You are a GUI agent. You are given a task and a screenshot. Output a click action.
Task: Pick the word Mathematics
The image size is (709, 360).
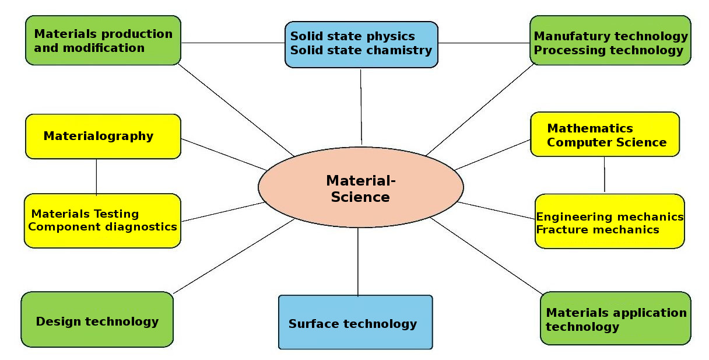pyautogui.click(x=589, y=128)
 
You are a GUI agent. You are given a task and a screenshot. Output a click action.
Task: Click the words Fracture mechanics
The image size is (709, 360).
pyautogui.click(x=597, y=229)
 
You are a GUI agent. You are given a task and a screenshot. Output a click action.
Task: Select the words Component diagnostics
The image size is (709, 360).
pyautogui.click(x=103, y=226)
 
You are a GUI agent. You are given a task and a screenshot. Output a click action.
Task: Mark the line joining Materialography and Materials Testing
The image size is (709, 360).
pyautogui.click(x=96, y=176)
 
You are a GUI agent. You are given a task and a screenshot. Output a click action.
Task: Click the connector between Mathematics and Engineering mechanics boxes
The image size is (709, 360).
pyautogui.click(x=604, y=174)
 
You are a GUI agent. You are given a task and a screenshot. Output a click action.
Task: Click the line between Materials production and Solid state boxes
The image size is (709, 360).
pyautogui.click(x=233, y=43)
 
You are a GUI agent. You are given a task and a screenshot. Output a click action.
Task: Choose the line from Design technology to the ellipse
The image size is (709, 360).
pyautogui.click(x=233, y=256)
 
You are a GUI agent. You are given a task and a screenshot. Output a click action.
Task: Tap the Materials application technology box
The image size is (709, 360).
pyautogui.click(x=615, y=319)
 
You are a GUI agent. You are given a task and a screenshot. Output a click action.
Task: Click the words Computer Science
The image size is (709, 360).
pyautogui.click(x=606, y=142)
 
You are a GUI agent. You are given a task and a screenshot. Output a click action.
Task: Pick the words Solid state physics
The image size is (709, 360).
pyautogui.click(x=352, y=36)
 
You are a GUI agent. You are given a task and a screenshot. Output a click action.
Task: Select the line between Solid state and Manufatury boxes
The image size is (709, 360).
pyautogui.click(x=483, y=43)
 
